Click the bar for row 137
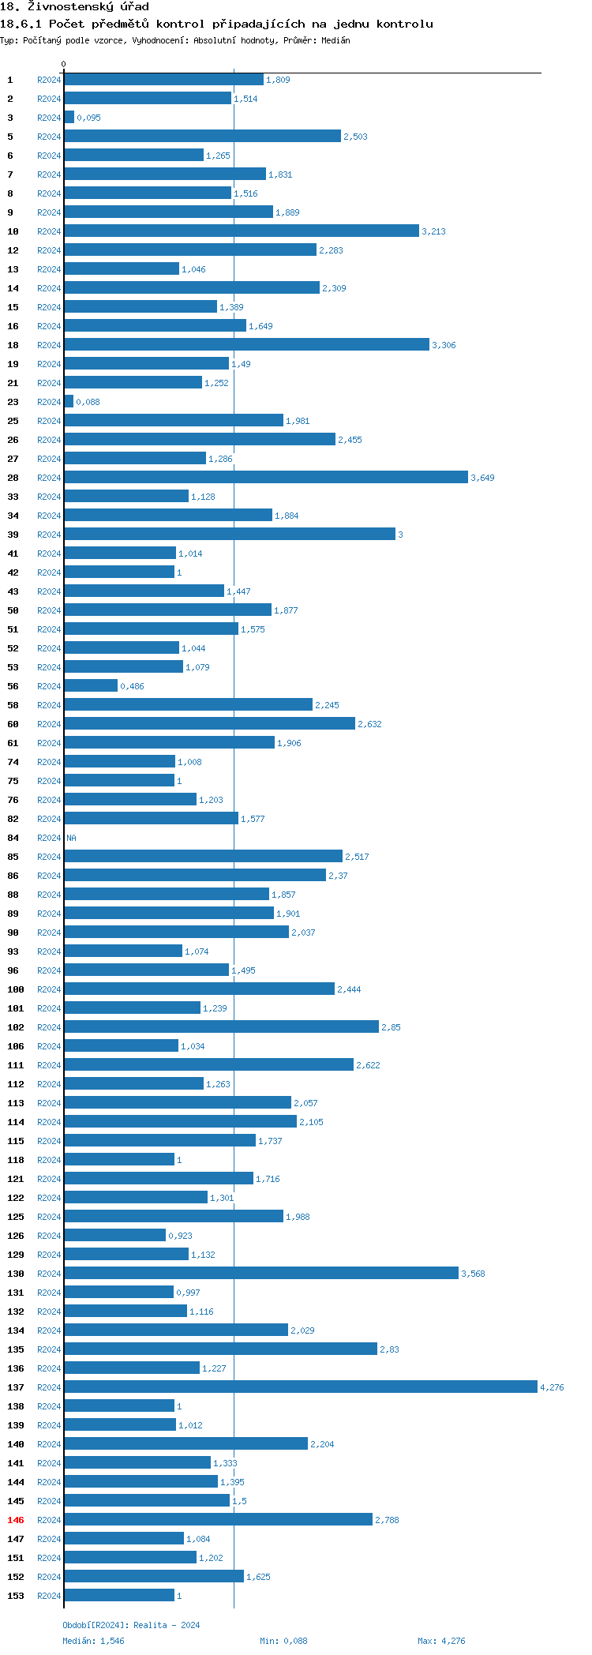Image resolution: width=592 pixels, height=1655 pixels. coord(300,1387)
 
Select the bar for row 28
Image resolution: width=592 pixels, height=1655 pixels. coord(265,478)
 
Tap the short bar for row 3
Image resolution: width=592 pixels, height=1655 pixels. coord(69,118)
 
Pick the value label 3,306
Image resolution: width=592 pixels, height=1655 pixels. coord(444,345)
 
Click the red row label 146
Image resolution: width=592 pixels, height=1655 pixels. coord(16,1520)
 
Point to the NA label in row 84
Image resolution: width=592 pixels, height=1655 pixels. coord(71,838)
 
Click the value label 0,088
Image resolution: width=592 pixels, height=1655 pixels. coord(88,402)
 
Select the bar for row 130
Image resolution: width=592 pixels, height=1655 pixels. coord(260,1274)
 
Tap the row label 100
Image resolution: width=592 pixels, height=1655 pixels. coord(16,989)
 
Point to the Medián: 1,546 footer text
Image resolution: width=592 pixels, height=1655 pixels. coord(93,1641)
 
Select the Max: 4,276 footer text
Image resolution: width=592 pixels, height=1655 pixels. coord(441,1641)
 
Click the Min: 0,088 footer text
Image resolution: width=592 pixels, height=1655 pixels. coord(283,1641)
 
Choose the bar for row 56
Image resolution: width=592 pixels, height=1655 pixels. coord(91,686)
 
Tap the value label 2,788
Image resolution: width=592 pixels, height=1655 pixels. coord(387,1520)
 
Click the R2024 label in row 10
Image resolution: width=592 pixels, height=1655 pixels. coord(49,231)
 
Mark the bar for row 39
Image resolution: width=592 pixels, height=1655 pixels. coord(229,535)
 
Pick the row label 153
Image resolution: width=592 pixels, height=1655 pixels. coord(16,1596)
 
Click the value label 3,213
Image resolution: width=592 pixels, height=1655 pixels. coord(433,231)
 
